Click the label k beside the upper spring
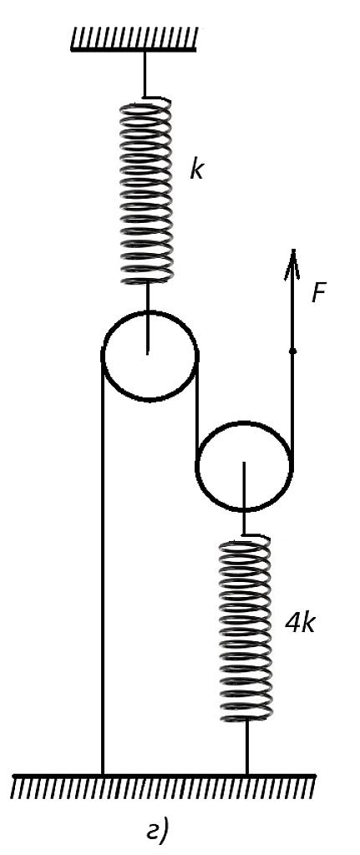196,169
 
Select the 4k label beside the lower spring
300,623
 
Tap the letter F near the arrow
319,294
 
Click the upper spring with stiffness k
146,191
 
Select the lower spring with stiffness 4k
245,630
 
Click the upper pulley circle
150,356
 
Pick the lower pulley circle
244,466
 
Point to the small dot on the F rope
292,352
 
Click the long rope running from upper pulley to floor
102,565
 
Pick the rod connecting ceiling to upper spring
145,74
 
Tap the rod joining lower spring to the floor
246,747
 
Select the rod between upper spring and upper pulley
147,318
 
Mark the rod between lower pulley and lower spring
243,499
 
